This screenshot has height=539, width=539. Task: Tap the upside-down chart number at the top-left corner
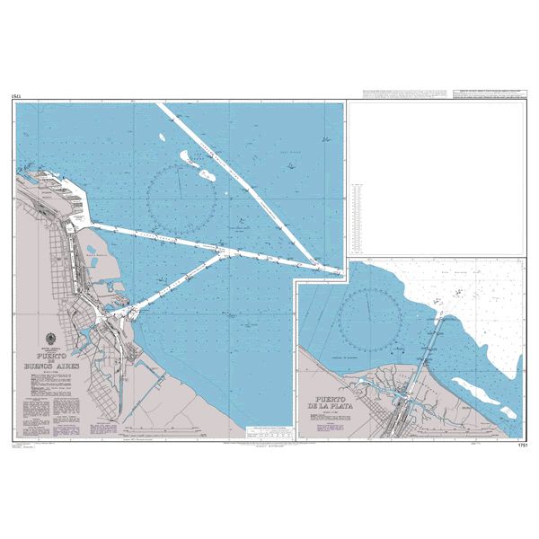pyautogui.click(x=17, y=95)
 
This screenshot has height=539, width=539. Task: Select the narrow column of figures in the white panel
pyautogui.click(x=358, y=216)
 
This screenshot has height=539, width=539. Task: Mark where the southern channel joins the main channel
pyautogui.click(x=229, y=252)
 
